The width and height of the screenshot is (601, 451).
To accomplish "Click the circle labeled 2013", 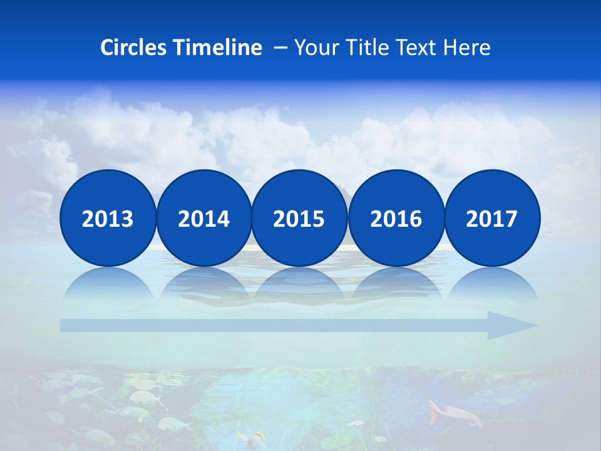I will point(108,218).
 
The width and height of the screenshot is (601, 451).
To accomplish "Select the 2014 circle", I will point(203,218).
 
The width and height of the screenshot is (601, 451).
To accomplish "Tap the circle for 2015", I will point(299,218).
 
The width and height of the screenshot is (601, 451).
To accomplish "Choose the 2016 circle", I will point(396,218).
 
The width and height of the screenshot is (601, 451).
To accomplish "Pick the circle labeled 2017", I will point(491,218).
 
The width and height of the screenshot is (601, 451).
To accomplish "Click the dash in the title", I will point(280,48).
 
